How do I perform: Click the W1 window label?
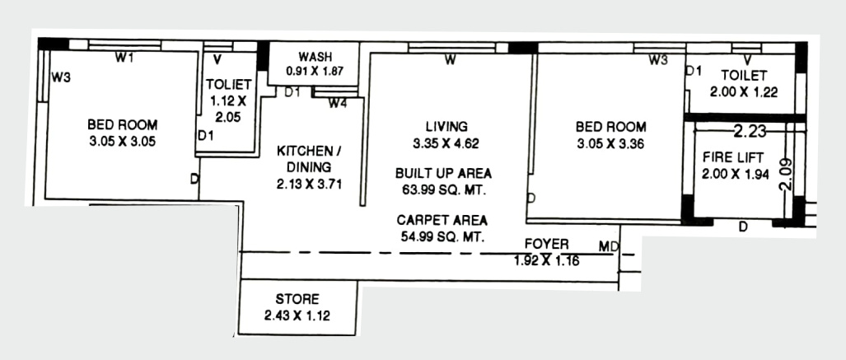pos(124,58)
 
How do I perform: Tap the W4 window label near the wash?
pos(338,104)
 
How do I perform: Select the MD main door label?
pos(609,245)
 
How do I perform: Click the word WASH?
pos(315,57)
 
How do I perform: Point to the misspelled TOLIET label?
pos(223,84)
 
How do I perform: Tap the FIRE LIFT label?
pos(733,157)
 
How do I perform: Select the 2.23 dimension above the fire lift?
pos(750,130)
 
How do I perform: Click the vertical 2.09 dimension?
pos(786,174)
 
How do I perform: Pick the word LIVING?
pos(446,126)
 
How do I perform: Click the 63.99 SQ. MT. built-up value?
pos(443,189)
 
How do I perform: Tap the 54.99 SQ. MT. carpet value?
pos(443,236)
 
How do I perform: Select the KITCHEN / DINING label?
pos(308,158)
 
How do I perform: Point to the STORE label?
pos(297,299)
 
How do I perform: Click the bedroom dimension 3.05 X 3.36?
pos(610,143)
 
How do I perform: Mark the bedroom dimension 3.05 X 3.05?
pos(122,141)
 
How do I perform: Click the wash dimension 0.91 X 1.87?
pos(315,72)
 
